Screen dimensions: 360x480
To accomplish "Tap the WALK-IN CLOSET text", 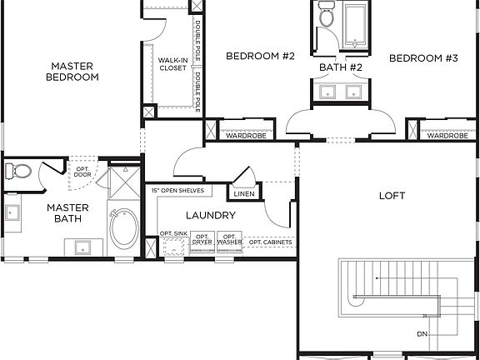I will [173, 64].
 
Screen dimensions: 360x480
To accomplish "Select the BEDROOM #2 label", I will [261, 57].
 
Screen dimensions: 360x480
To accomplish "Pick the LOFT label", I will [392, 196].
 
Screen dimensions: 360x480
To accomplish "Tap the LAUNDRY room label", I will [210, 215].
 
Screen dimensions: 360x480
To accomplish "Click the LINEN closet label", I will [244, 194].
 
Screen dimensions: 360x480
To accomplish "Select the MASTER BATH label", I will [67, 213].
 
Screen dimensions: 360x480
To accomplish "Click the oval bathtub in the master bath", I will [125, 230].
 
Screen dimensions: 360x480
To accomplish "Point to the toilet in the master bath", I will [18, 172].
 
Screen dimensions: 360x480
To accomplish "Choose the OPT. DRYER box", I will [202, 241].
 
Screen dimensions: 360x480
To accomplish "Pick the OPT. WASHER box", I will [230, 241].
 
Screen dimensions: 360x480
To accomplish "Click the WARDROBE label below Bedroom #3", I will [447, 136].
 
